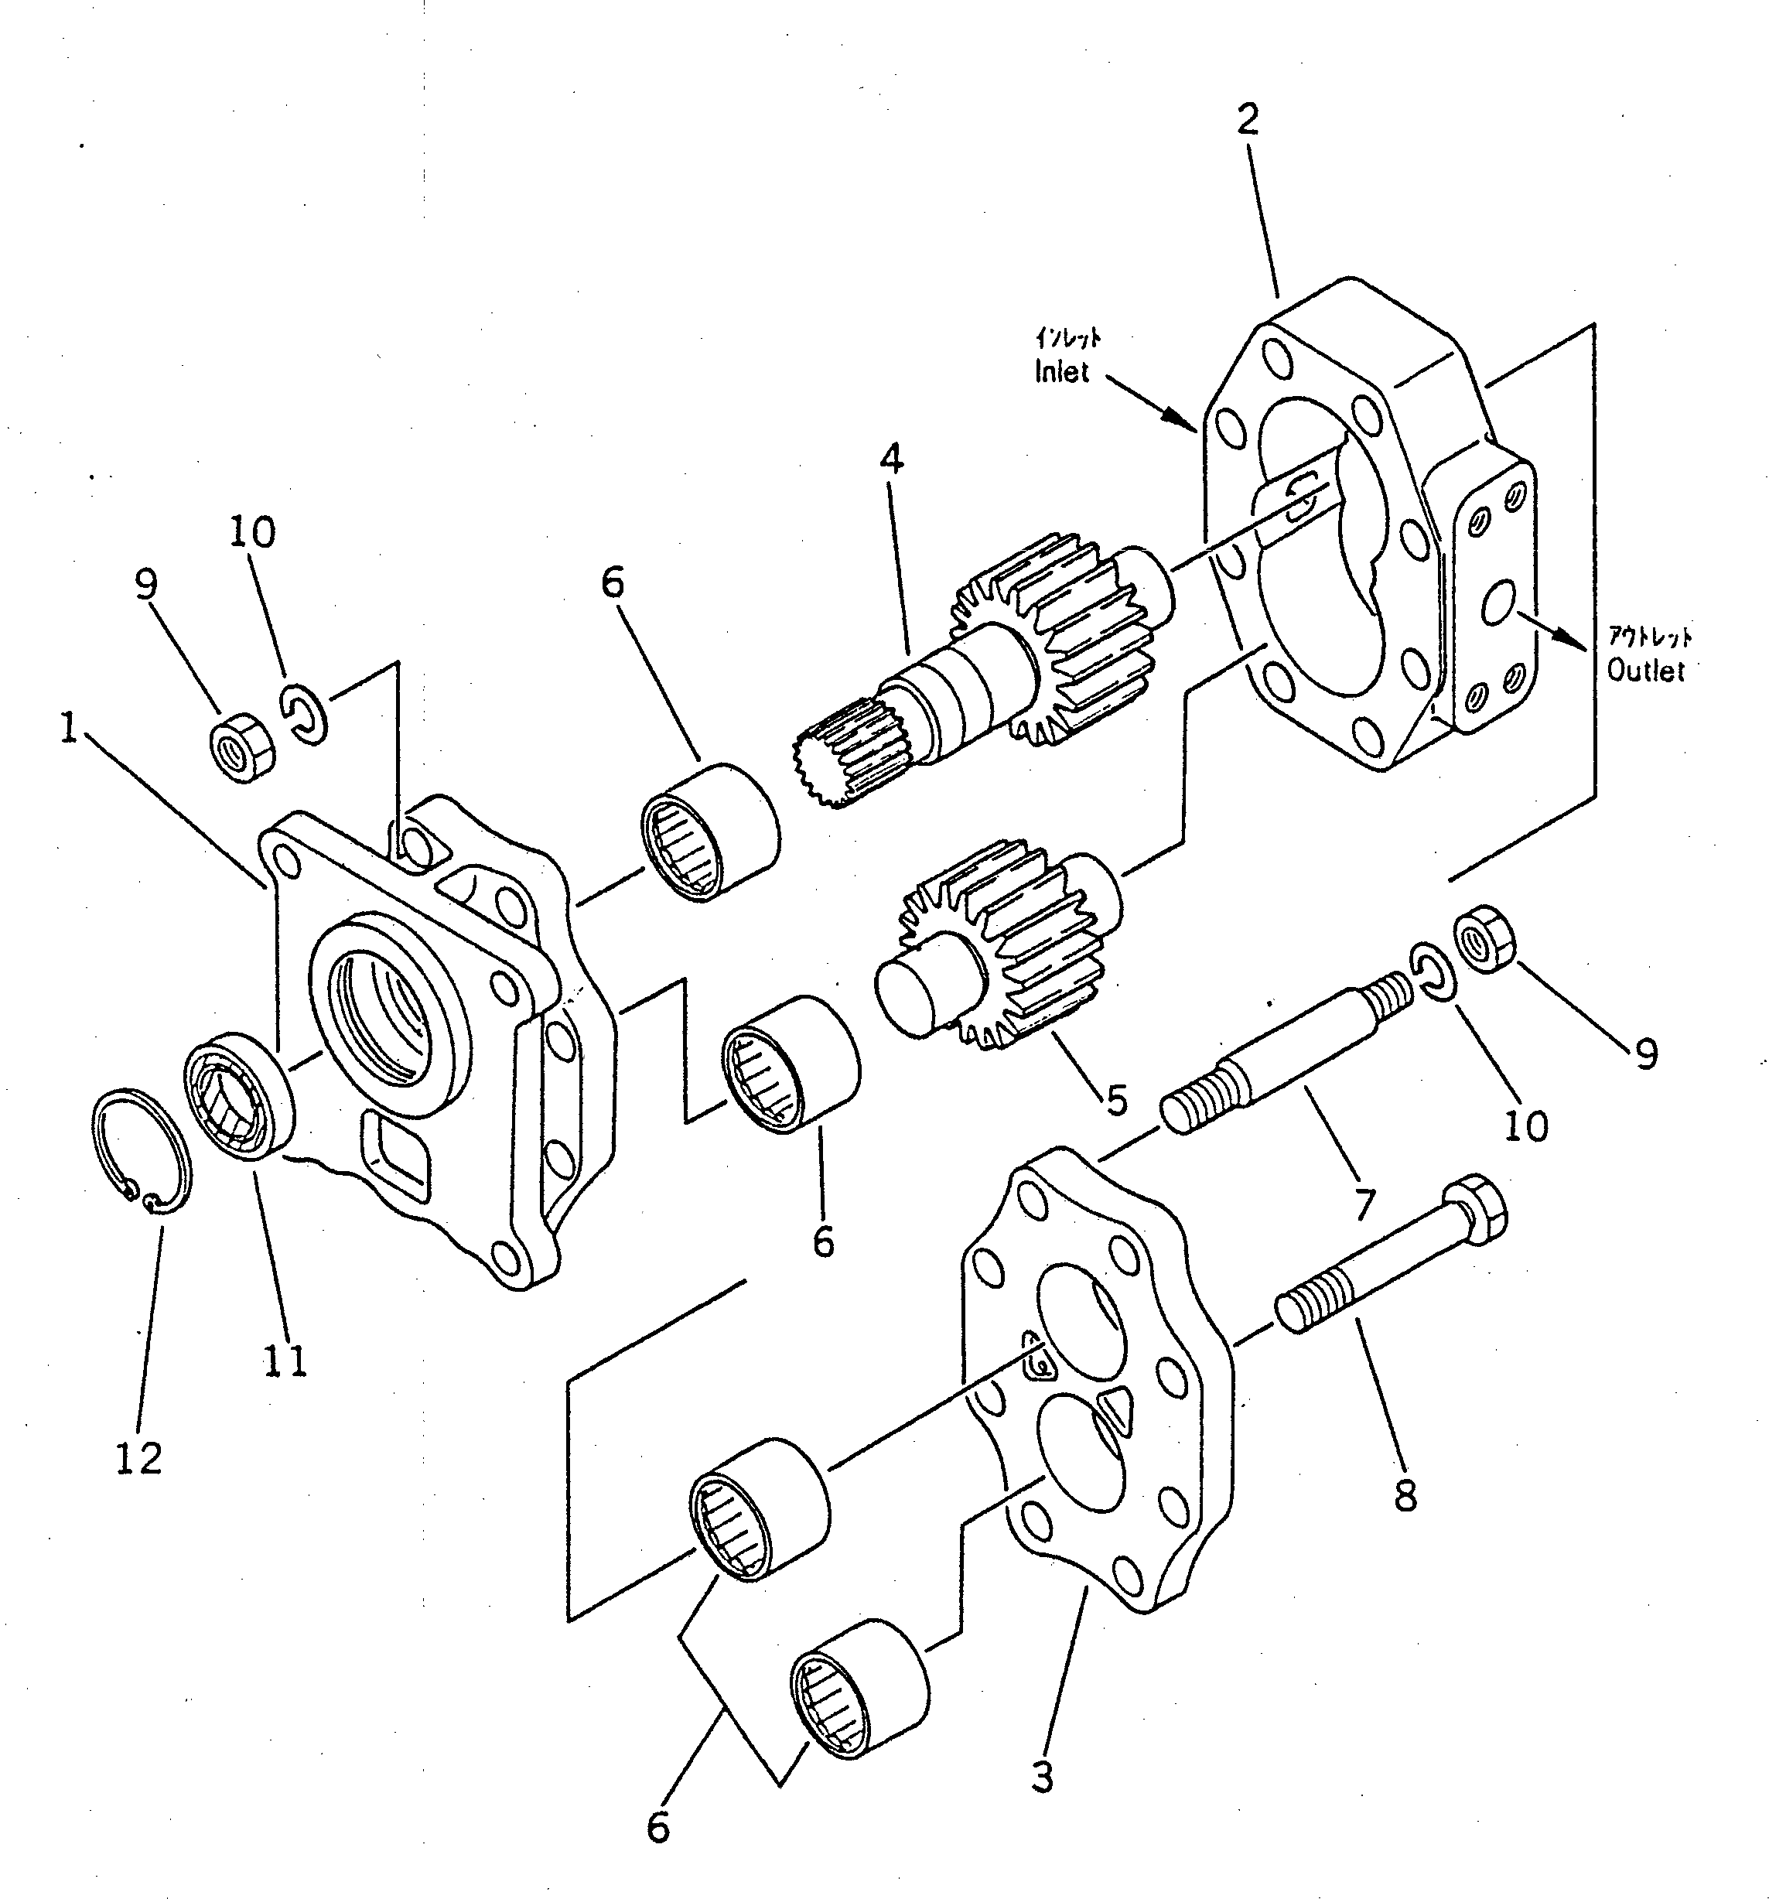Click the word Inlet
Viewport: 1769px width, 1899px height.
1061,371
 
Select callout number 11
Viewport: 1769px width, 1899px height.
285,1361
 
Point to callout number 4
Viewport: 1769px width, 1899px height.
891,460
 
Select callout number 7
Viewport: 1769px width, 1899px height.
1363,1204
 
